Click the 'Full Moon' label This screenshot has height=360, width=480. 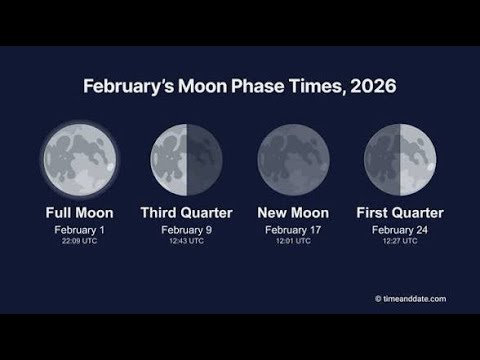pos(80,213)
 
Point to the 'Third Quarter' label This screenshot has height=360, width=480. pos(186,213)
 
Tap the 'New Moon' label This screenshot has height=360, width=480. pos(293,213)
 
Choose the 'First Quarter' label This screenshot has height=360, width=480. pos(400,213)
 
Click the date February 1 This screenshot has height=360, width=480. pos(80,229)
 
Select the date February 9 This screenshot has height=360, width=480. pos(186,229)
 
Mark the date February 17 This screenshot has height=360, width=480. pos(293,229)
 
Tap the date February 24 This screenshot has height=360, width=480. pos(400,229)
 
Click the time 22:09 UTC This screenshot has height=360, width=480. pos(80,241)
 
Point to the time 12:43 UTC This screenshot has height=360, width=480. pos(186,241)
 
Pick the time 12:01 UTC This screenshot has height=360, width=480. pos(293,241)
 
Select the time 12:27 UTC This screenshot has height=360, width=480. pos(400,241)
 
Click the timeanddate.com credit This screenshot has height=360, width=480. pos(410,298)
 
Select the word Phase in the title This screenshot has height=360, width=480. pos(254,87)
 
